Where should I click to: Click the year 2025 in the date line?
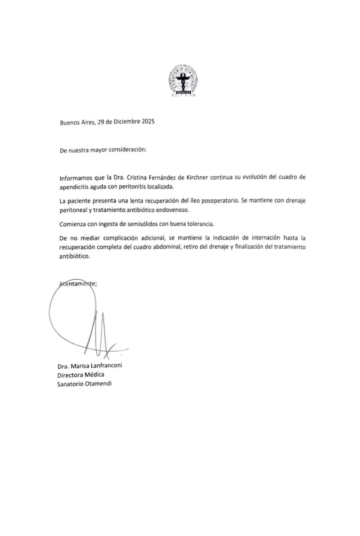145,122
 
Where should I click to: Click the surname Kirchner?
193,177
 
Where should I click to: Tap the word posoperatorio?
217,199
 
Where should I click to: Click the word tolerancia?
198,224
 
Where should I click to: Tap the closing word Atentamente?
78,283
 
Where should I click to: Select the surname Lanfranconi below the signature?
103,366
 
